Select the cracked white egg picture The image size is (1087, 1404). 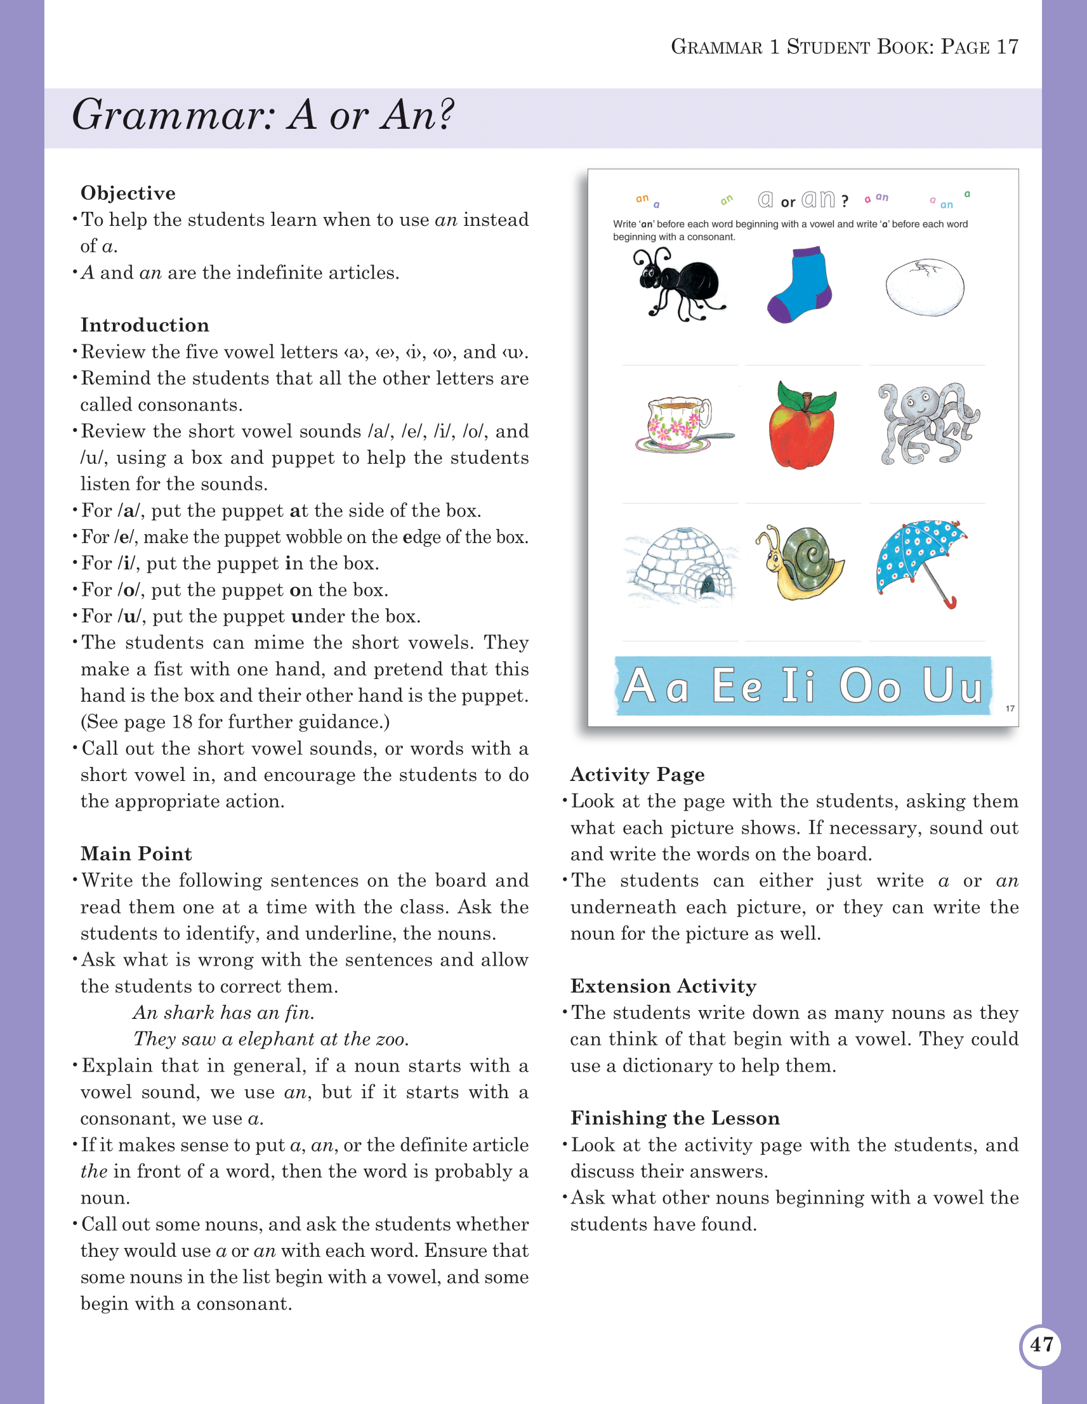925,287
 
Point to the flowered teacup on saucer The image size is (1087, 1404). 681,424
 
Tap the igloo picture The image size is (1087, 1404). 682,565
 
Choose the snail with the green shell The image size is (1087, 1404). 802,563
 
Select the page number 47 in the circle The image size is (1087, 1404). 1040,1344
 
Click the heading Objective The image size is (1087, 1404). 128,194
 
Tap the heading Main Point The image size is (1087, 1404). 136,854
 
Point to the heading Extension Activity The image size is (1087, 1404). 662,986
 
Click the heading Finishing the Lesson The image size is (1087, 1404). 675,1118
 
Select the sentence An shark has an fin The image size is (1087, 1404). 224,1013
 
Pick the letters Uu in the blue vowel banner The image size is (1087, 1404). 952,685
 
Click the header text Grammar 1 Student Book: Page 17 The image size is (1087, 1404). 844,47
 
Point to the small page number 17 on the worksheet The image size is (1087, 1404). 1009,709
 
